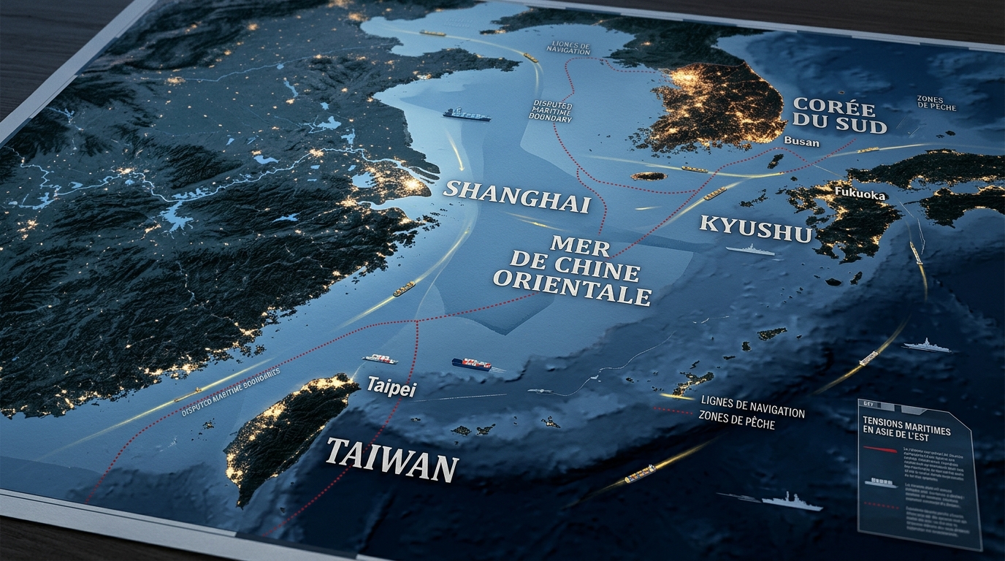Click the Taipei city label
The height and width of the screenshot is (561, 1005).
coord(391,387)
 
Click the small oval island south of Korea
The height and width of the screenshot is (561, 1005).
coord(649,176)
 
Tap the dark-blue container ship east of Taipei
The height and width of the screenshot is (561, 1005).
coord(471,363)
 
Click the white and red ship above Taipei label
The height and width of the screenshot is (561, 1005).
coord(380,359)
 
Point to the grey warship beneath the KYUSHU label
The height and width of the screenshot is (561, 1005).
coord(750,251)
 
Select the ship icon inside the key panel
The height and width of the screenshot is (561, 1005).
coord(881,483)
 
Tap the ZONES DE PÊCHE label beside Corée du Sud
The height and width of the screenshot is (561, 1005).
coord(936,103)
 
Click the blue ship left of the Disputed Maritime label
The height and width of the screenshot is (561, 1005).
coord(465,115)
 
